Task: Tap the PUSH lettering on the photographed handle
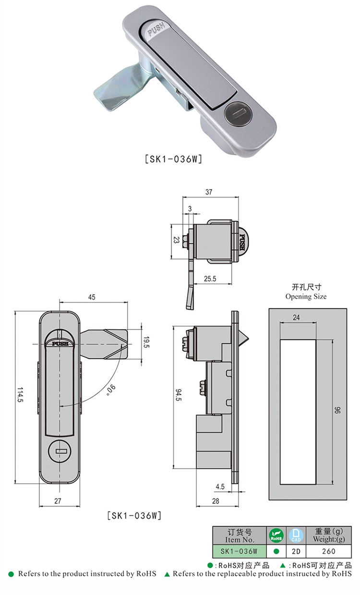pyautogui.click(x=156, y=32)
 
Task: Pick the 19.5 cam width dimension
pyautogui.click(x=146, y=342)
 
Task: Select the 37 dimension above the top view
pyautogui.click(x=209, y=192)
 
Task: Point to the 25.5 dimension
pyautogui.click(x=209, y=278)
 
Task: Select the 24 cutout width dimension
pyautogui.click(x=296, y=317)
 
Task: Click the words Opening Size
pyautogui.click(x=306, y=296)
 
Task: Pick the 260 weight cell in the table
pyautogui.click(x=329, y=551)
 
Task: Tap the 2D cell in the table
pyautogui.click(x=296, y=551)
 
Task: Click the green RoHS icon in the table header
pyautogui.click(x=276, y=535)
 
